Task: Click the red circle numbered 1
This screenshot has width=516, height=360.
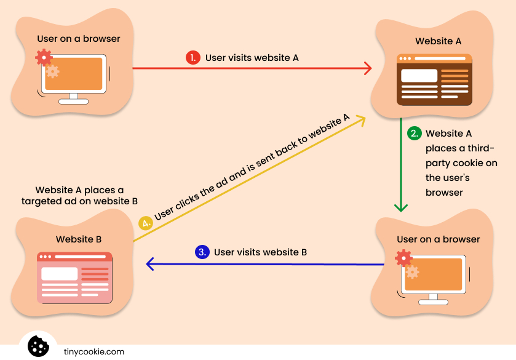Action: (193, 58)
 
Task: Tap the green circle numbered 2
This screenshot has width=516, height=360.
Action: (415, 134)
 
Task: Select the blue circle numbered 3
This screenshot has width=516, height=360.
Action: (202, 252)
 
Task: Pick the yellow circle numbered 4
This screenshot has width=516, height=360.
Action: (146, 223)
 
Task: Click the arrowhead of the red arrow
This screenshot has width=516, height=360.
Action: (368, 68)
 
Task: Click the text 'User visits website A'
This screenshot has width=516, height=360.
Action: (252, 58)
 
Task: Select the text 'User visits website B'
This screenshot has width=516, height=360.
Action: (260, 252)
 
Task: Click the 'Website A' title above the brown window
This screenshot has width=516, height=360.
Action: (438, 42)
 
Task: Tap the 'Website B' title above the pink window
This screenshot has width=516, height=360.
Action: (78, 239)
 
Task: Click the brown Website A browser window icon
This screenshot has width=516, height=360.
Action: (434, 80)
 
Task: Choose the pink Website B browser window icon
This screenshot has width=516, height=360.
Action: (74, 278)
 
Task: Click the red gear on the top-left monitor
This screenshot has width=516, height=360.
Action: (44, 58)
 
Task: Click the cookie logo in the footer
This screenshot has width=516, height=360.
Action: (38, 346)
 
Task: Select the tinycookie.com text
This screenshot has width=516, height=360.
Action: (94, 352)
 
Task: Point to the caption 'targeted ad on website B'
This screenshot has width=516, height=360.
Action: (79, 201)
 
